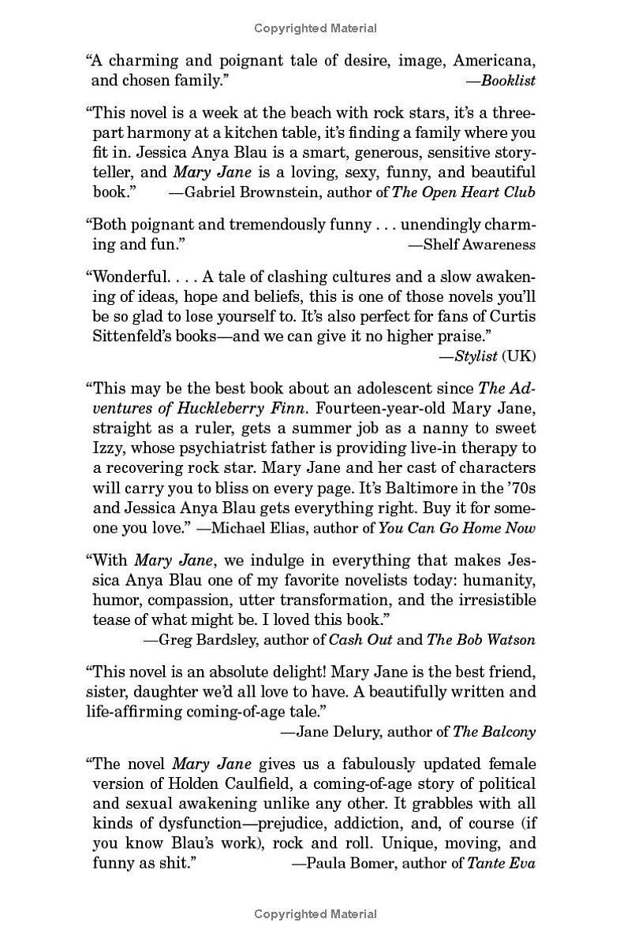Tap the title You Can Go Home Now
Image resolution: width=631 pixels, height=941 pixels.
(x=457, y=527)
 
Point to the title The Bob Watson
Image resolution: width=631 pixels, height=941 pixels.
(x=480, y=639)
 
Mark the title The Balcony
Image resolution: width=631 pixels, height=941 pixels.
(x=494, y=731)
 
